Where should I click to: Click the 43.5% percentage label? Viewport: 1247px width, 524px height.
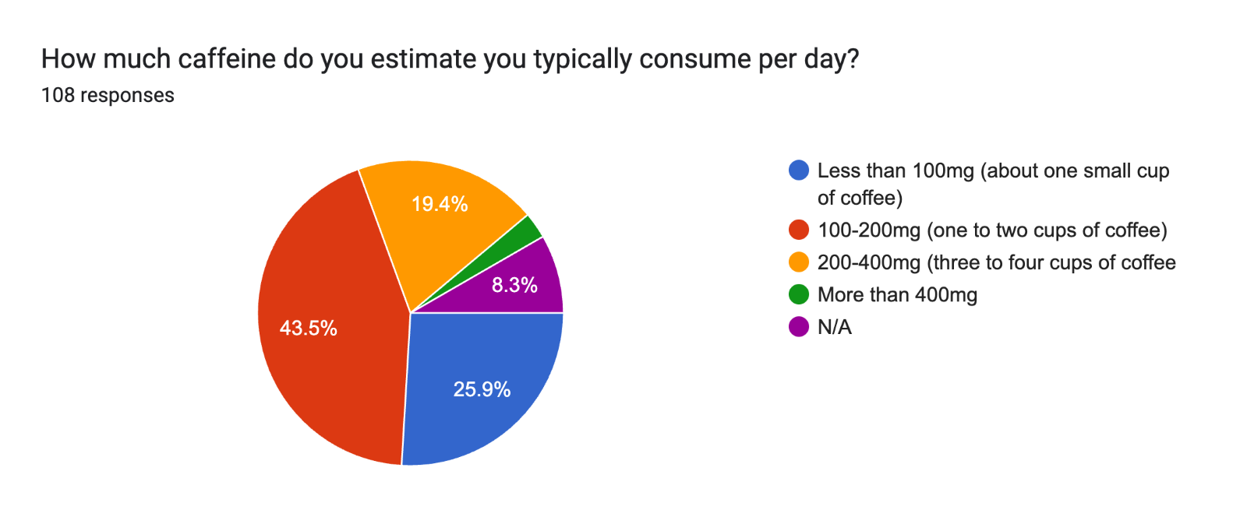coord(309,328)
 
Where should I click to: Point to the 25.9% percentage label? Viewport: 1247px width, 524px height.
coord(482,389)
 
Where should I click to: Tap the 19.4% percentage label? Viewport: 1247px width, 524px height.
coord(440,204)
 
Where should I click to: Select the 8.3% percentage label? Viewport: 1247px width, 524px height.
coord(514,285)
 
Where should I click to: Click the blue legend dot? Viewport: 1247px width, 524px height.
coord(799,171)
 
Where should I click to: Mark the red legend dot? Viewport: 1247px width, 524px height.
coord(799,230)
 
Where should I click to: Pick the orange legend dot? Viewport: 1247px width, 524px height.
coord(799,262)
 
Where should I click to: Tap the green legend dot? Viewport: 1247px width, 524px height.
coord(799,295)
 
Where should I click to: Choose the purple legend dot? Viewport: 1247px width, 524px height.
coord(799,327)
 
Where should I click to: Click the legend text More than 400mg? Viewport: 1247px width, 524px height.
coord(897,295)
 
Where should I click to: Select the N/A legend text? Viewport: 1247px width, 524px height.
coord(835,327)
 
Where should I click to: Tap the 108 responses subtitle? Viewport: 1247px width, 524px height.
coord(108,95)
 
